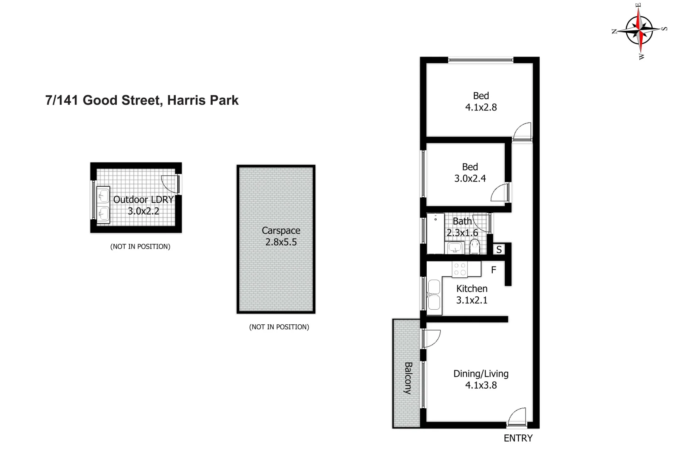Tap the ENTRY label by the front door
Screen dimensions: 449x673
(x=518, y=438)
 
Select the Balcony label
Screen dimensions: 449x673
(x=408, y=378)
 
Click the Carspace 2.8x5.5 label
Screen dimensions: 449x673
(x=281, y=236)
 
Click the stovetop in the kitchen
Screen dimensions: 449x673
(x=460, y=269)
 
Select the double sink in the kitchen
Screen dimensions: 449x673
(x=434, y=295)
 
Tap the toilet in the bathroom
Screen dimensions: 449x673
(x=475, y=247)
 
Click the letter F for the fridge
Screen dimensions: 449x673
(x=494, y=270)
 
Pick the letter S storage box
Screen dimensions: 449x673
(x=499, y=249)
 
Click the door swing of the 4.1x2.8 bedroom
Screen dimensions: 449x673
(x=523, y=131)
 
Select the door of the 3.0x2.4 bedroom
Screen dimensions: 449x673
(x=500, y=192)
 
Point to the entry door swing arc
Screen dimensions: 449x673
(x=517, y=417)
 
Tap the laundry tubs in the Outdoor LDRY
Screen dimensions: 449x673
(x=103, y=205)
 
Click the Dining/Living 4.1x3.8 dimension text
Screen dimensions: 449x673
(x=481, y=385)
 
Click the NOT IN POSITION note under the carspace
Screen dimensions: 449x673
(x=279, y=327)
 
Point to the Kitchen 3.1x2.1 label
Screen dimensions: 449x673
(x=472, y=294)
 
